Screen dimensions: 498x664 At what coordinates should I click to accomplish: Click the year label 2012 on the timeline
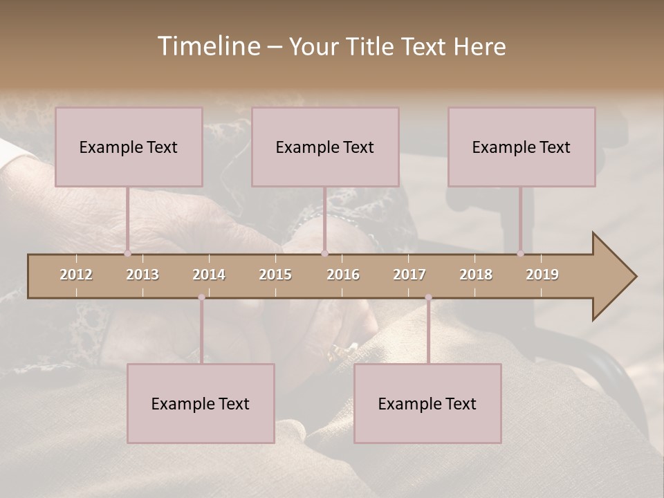pos(76,275)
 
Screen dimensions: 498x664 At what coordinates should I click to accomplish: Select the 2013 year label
pos(142,275)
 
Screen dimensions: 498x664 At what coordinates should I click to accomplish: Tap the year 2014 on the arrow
pos(209,275)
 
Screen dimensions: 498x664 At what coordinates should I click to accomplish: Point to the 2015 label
pos(275,275)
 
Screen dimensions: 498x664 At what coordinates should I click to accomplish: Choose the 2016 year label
pos(343,275)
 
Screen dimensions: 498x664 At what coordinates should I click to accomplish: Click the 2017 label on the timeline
pos(409,275)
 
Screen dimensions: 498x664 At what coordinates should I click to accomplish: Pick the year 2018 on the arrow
pos(476,275)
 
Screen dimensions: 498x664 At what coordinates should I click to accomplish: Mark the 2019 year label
pos(542,275)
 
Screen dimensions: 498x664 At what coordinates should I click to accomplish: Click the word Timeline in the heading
pos(208,46)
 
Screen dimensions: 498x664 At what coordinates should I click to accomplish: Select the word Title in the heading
pos(371,46)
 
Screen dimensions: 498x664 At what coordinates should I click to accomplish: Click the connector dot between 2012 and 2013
pos(127,253)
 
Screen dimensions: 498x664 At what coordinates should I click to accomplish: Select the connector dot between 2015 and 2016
pos(324,253)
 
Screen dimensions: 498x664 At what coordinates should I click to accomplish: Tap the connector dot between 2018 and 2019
pos(520,253)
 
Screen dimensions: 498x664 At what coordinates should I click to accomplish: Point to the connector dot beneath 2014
pos(201,297)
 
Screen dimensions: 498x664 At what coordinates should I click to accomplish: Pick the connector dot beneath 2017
pos(428,297)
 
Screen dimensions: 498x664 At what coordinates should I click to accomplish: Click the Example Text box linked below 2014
pos(201,403)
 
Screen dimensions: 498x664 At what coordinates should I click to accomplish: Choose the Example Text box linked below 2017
pos(427,403)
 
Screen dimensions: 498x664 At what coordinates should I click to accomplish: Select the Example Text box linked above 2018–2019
pos(522,147)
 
